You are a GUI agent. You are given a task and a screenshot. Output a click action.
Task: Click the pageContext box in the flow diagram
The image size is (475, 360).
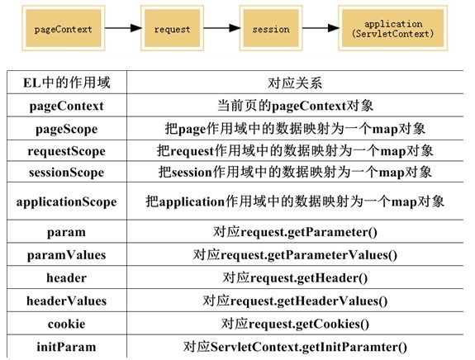point(64,28)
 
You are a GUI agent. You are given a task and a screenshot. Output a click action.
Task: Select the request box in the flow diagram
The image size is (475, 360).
point(172,28)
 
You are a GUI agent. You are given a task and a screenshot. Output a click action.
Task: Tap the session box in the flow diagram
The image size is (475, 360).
point(271,28)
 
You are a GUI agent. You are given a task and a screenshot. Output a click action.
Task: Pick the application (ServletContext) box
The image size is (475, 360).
point(393,28)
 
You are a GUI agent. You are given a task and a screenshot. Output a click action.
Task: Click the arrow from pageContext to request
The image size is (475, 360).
point(123,28)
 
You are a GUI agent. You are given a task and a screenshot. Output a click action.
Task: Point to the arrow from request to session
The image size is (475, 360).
point(221,28)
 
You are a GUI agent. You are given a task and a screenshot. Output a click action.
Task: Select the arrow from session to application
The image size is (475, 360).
point(321,28)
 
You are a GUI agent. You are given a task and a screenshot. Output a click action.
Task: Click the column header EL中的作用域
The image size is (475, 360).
point(67,83)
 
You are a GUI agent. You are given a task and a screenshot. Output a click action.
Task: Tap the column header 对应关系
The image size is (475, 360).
point(295,83)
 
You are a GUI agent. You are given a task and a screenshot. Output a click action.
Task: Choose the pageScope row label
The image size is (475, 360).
point(67,130)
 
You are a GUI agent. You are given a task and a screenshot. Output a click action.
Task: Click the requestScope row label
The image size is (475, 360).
point(67,151)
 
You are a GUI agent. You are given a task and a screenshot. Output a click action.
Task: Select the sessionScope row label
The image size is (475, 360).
point(67,173)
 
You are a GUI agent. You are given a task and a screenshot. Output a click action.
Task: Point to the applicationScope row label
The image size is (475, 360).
point(67,201)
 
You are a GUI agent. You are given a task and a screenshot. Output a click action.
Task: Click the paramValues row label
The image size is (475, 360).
point(67,255)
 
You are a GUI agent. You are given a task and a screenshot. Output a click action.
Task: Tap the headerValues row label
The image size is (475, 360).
point(67,301)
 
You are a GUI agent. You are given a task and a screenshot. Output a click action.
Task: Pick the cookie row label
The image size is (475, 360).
point(67,324)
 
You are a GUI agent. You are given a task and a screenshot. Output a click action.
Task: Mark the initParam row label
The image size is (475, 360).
point(67,347)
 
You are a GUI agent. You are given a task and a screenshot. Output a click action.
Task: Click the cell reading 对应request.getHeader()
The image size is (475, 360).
point(295,278)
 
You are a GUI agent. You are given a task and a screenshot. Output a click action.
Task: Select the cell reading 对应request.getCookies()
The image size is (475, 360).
point(295,324)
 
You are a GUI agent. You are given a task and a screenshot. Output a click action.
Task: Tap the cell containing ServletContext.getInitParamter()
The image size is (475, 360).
point(295,347)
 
